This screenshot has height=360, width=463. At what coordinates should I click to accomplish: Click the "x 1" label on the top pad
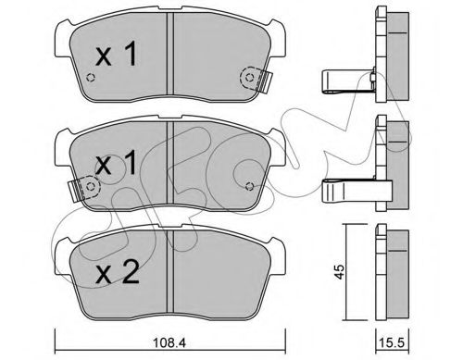(118, 56)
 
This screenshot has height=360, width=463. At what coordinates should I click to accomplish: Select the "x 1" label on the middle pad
(118, 164)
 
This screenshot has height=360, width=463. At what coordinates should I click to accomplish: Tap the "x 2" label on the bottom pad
(118, 273)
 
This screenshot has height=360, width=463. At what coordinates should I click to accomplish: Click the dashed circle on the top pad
(248, 79)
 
